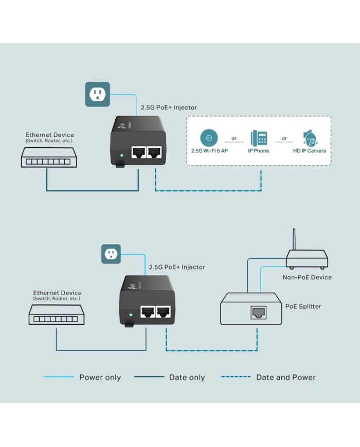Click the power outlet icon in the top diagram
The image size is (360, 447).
click(97, 94)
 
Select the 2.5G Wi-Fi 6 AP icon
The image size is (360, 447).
click(209, 138)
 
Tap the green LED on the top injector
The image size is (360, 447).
click(122, 154)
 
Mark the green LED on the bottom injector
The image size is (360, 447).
click(131, 314)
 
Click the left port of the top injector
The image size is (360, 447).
click(138, 152)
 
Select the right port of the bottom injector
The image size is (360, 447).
click(164, 311)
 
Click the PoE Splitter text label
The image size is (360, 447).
click(303, 307)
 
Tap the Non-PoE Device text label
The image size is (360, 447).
click(307, 277)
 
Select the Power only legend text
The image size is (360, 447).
click(100, 378)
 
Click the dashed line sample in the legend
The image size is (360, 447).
click(235, 377)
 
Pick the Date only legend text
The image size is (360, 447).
click(187, 378)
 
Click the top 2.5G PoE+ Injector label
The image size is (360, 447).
click(169, 108)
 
